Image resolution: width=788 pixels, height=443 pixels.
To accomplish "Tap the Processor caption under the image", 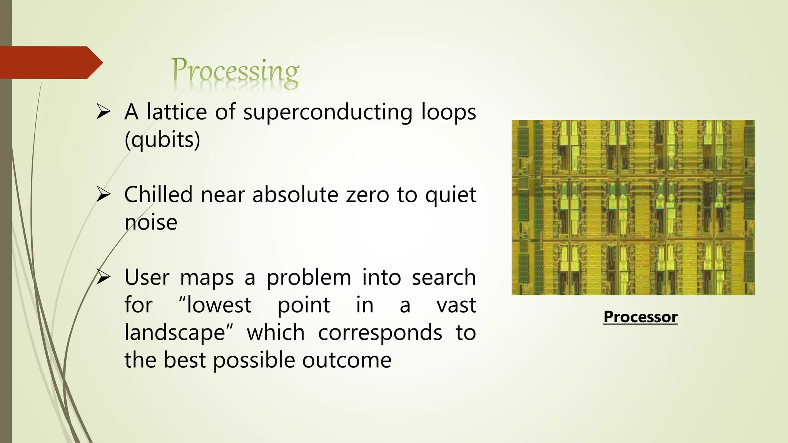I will coord(640,317).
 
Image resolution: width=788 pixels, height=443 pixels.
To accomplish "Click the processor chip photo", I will coord(633,208).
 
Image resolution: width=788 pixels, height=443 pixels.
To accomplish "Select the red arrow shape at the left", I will coord(50,63).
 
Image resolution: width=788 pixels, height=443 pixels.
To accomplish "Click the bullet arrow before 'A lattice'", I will coord(104,112).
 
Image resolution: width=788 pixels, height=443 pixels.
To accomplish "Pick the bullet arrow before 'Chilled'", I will coord(104,195).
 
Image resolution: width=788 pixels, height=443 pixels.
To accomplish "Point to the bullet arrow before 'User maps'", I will coord(104,277).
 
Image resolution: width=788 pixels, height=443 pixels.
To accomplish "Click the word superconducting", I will coord(327,113).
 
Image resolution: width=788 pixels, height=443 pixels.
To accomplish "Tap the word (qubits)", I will coord(162,140).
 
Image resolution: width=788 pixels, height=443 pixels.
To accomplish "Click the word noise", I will coord(151,222).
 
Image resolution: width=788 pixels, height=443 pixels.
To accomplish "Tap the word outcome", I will coord(347,360).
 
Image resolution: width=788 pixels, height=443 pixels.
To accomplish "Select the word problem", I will coord(309,278).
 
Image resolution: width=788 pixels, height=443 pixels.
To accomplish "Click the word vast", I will coord(456,305).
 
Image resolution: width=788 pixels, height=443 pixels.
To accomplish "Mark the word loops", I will coord(448,113).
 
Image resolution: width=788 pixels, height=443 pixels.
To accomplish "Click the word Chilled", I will coord(158,195).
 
